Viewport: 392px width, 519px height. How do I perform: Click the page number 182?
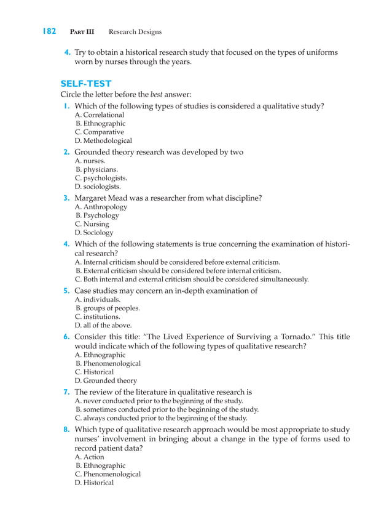tap(49, 31)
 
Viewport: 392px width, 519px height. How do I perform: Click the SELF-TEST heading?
tap(86, 83)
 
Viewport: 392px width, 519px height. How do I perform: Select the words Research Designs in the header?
tap(135, 32)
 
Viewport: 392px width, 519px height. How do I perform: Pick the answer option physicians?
tap(101, 169)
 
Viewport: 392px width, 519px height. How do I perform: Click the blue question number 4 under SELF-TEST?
tap(66, 244)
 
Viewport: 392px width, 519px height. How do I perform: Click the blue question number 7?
tap(66, 392)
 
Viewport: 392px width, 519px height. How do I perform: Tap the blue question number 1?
tap(66, 106)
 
